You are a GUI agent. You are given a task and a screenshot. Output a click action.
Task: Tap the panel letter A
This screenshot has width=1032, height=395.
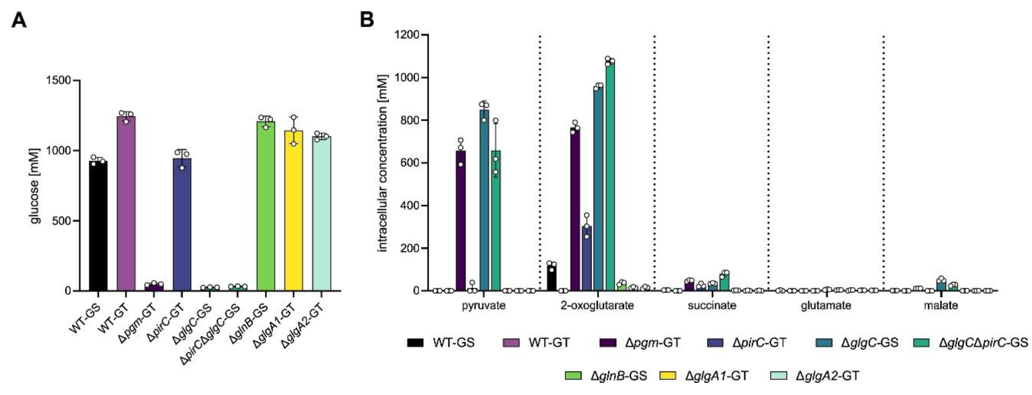pos(19,20)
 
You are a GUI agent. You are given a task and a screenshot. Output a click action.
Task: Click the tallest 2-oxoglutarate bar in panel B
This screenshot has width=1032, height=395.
pos(610,176)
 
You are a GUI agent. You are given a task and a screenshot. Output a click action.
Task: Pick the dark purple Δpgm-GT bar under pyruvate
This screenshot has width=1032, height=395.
pos(461,221)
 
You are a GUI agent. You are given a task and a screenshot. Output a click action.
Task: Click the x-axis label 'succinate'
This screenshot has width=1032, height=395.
pos(712,306)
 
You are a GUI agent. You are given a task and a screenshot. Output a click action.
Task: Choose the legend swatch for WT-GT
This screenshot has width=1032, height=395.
pos(511,342)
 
